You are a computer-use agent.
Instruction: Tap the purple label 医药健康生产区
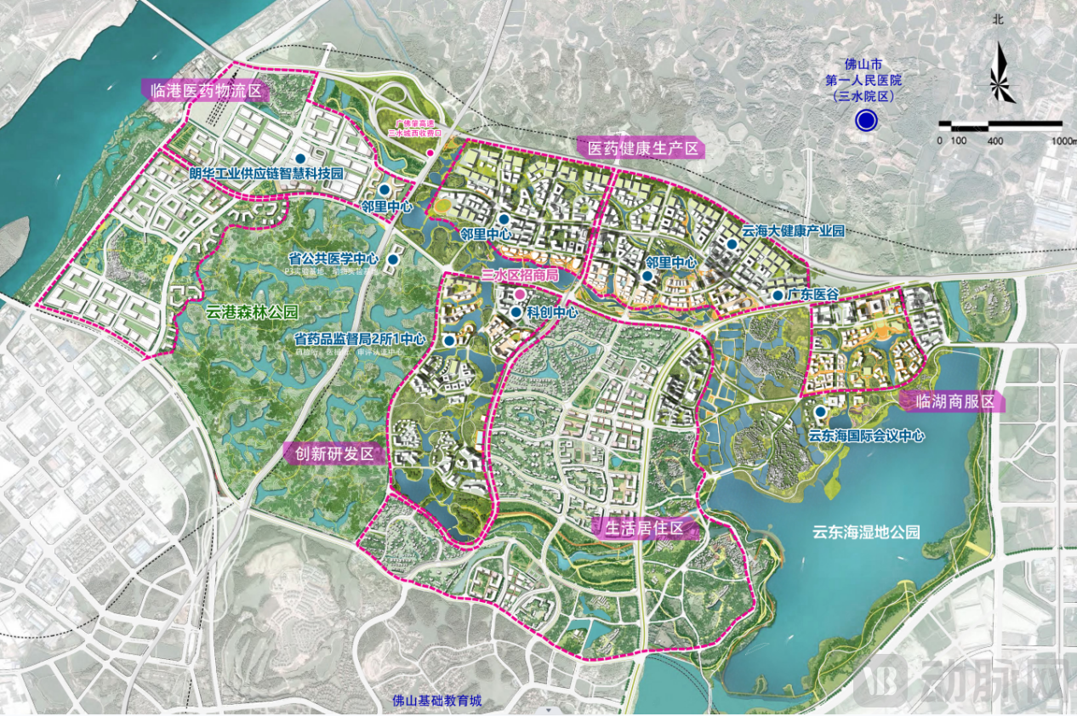[x=644, y=148]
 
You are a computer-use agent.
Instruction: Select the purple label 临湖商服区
[x=952, y=402]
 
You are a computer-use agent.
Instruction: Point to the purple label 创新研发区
[x=334, y=453]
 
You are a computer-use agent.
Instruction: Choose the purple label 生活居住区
[x=644, y=529]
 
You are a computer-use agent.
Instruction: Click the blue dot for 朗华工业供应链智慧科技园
[x=300, y=158]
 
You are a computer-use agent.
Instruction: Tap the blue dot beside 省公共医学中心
[x=394, y=259]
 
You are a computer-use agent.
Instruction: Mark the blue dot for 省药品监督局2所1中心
[x=448, y=340]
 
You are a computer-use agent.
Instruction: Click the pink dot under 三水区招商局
[x=518, y=294]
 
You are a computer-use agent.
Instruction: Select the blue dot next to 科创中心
[x=516, y=312]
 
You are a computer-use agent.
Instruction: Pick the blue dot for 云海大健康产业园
[x=732, y=244]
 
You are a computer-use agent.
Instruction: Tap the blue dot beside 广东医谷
[x=777, y=294]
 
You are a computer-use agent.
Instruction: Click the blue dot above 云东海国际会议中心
[x=820, y=412]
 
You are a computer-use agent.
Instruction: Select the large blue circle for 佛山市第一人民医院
[x=866, y=121]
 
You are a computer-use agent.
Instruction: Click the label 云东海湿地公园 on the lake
[x=866, y=533]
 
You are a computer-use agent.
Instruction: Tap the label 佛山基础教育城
[x=437, y=701]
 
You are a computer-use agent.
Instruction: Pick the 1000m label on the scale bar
[x=1063, y=139]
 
